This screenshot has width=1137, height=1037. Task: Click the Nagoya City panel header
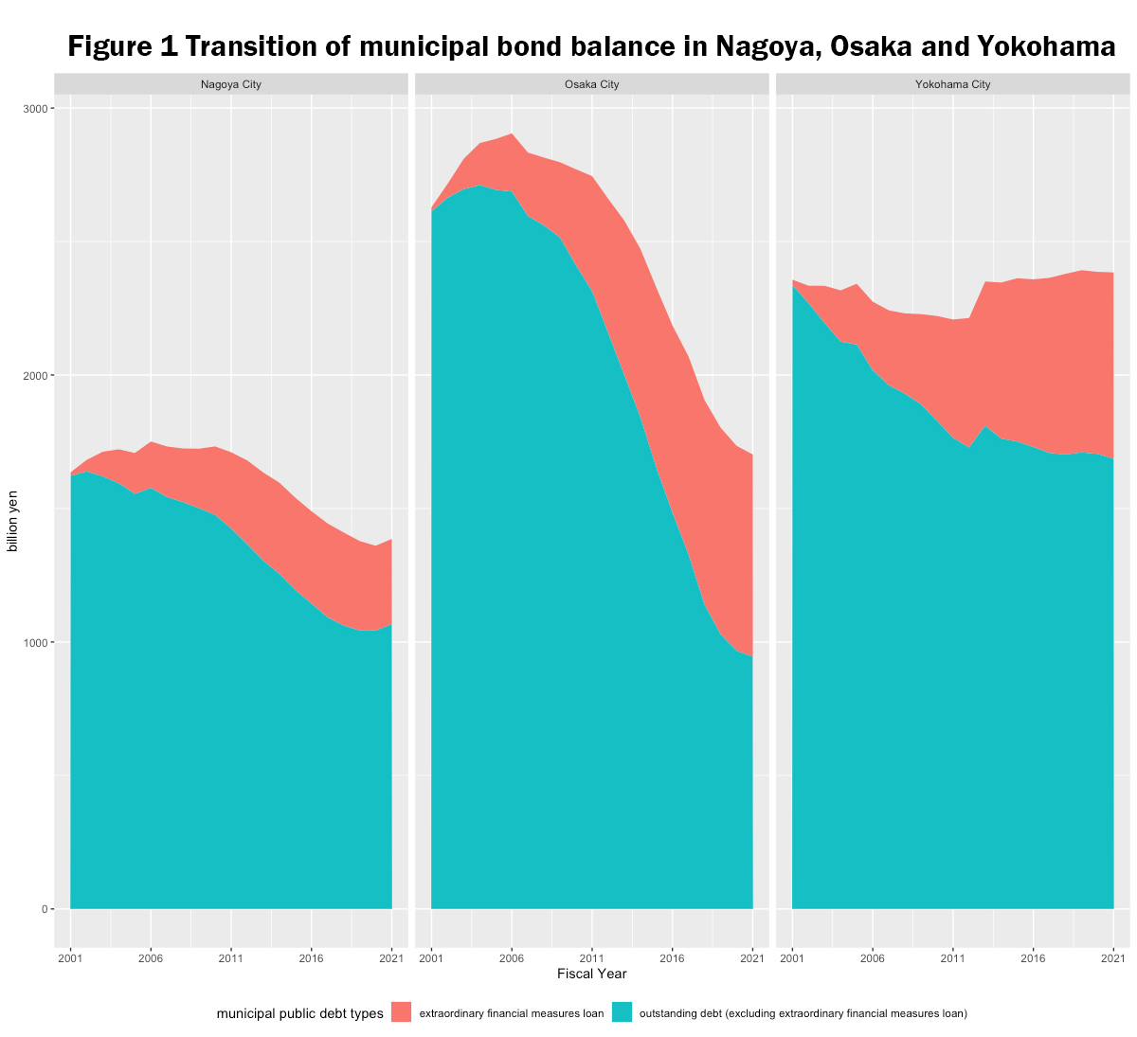pyautogui.click(x=230, y=84)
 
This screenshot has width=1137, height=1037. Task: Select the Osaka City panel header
pyautogui.click(x=591, y=84)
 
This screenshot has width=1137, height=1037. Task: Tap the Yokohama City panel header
pyautogui.click(x=952, y=84)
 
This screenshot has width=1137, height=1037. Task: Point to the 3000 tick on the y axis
pyautogui.click(x=36, y=109)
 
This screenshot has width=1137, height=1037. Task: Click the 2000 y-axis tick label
pyautogui.click(x=36, y=376)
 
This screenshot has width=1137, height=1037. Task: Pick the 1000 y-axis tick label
pyautogui.click(x=36, y=643)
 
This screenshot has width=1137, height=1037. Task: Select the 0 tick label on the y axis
pyautogui.click(x=44, y=910)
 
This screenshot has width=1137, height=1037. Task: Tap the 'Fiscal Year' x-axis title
pyautogui.click(x=591, y=974)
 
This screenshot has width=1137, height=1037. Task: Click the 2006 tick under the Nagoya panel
pyautogui.click(x=151, y=958)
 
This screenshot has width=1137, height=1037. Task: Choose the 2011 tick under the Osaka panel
pyautogui.click(x=591, y=958)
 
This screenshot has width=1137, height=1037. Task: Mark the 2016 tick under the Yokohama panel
pyautogui.click(x=1033, y=958)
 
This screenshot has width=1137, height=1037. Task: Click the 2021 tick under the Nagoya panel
pyautogui.click(x=391, y=958)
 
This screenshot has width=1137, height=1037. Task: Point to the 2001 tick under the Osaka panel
pyautogui.click(x=431, y=958)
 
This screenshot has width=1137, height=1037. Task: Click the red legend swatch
pyautogui.click(x=401, y=1012)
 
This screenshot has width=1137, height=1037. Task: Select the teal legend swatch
pyautogui.click(x=622, y=1012)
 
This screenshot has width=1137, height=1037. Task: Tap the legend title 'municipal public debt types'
pyautogui.click(x=299, y=1013)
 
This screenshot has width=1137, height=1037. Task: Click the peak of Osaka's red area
pyautogui.click(x=512, y=134)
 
